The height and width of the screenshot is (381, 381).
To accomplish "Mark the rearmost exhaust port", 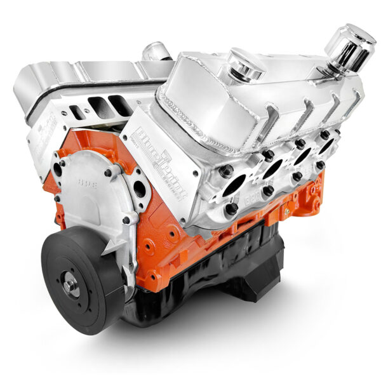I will (327, 146).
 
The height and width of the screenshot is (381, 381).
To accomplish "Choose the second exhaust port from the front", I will (272, 168).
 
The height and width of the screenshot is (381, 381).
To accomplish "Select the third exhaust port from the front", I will (303, 156).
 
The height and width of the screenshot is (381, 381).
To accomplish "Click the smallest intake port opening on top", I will (76, 112).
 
